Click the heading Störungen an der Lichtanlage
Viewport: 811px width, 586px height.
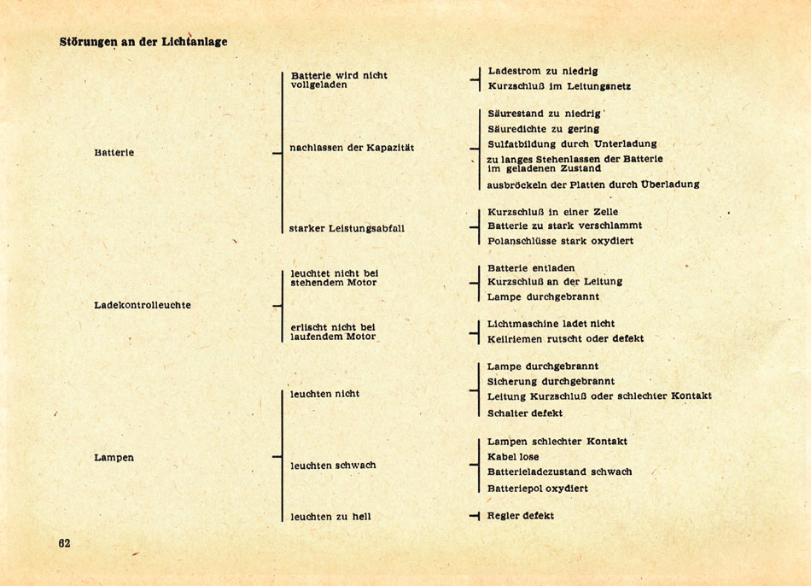[x=143, y=41]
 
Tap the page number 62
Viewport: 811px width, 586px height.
[x=65, y=543]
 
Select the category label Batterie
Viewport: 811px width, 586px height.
[x=114, y=153]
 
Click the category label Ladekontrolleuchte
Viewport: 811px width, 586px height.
[x=142, y=305]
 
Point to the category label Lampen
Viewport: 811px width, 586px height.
[x=114, y=458]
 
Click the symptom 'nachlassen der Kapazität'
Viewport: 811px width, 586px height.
[x=352, y=148]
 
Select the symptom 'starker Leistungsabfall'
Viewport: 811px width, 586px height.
[x=347, y=228]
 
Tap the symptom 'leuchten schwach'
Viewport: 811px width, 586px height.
[x=333, y=466]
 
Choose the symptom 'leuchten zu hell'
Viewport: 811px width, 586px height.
[x=330, y=517]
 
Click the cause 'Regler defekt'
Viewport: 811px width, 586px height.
[x=521, y=516]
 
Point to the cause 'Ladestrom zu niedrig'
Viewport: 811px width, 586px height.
[x=543, y=71]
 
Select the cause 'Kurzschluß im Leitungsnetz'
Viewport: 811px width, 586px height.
[x=559, y=86]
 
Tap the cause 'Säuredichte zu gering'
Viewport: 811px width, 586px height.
[x=544, y=129]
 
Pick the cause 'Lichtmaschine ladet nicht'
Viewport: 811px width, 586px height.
[x=551, y=324]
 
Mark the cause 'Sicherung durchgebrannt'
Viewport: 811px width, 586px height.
[x=551, y=381]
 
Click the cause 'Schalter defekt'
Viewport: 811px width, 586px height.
[x=525, y=413]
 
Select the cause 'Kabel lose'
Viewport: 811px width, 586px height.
[x=513, y=457]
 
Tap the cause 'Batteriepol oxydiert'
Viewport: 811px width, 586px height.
[x=537, y=489]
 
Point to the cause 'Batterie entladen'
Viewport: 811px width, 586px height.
[x=531, y=268]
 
